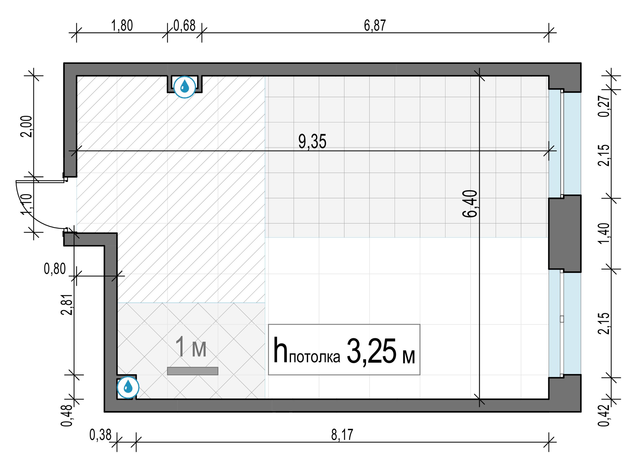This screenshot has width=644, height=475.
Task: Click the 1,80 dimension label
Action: (x=122, y=26)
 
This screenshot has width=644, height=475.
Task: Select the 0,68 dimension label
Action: (x=184, y=26)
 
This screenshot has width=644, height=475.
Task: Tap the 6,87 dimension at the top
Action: (x=375, y=26)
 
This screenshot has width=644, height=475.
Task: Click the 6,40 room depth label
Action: (x=470, y=204)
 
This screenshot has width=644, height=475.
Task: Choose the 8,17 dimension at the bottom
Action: (x=342, y=435)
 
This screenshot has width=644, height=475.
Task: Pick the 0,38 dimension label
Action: (x=100, y=435)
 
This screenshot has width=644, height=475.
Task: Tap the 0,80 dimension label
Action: (x=55, y=269)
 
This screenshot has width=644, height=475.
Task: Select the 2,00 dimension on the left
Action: (x=26, y=127)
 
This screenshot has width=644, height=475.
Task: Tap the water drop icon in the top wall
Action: (x=184, y=87)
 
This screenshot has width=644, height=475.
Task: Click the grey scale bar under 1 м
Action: (x=192, y=371)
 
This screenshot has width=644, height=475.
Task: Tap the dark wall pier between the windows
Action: (x=565, y=234)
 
